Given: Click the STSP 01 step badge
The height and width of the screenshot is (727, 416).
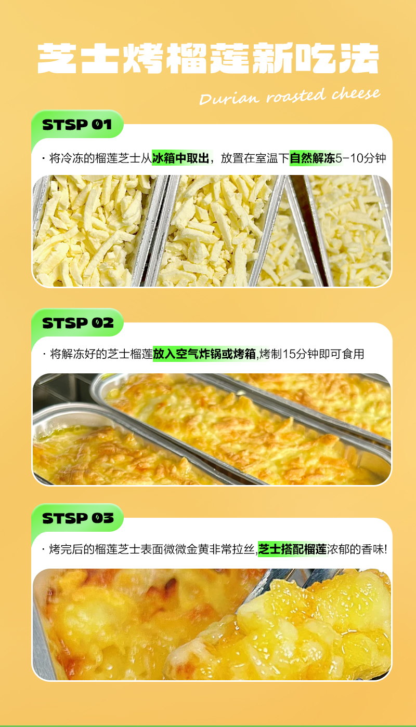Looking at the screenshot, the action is tap(77, 124).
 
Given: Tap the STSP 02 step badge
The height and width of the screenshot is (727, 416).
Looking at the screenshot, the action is tap(77, 322).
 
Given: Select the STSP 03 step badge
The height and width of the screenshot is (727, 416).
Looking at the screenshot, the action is tap(77, 518).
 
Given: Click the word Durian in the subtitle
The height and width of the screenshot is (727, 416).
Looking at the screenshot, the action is tap(229, 98).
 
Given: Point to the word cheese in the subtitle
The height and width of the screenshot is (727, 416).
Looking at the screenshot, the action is tap(356, 93).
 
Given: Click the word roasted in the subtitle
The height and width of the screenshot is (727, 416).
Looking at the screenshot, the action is tap(296, 96).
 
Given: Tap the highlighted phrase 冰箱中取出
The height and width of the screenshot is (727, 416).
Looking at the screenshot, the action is tap(181, 158).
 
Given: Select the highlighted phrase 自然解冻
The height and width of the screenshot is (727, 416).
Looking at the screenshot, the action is tap(313, 158).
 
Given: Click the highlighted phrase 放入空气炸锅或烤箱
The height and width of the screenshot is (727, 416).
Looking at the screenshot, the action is tap(204, 354).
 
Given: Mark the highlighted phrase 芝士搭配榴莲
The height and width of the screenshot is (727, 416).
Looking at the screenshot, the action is tap(292, 549).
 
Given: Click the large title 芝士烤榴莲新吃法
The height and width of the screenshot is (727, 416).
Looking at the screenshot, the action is tap(208, 58).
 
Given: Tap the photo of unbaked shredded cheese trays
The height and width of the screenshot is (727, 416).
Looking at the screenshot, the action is tap(212, 231).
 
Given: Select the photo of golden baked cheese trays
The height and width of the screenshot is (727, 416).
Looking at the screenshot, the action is tap(212, 429).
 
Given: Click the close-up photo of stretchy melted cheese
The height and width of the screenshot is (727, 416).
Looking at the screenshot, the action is tap(212, 624).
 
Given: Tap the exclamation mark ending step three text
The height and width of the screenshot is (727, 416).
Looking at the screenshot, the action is tap(385, 549).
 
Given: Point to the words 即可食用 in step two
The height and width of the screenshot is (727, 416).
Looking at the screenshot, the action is tap(342, 354).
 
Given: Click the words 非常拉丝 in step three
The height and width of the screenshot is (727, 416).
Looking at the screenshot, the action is tap(232, 549).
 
